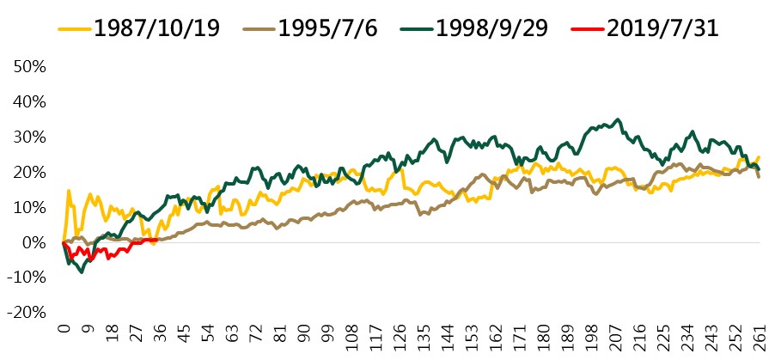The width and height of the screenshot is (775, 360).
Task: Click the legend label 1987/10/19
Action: (156, 28)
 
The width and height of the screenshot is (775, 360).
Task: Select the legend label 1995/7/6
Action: (327, 28)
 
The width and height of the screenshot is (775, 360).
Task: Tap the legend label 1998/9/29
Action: (491, 28)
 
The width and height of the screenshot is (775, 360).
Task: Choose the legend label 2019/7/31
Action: (662, 28)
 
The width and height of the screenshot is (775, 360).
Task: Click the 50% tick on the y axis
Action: (30, 67)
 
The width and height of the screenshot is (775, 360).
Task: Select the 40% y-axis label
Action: (30, 102)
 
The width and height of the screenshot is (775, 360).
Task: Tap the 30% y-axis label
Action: (30, 137)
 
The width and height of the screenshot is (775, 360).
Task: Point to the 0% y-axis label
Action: (34, 243)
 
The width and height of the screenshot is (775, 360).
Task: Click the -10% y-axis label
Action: (27, 278)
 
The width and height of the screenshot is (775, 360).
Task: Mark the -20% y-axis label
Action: (27, 313)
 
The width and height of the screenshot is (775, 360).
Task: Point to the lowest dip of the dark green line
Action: (82, 272)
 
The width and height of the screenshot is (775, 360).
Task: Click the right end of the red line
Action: (157, 241)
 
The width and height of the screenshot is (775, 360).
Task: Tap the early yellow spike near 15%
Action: (69, 191)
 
